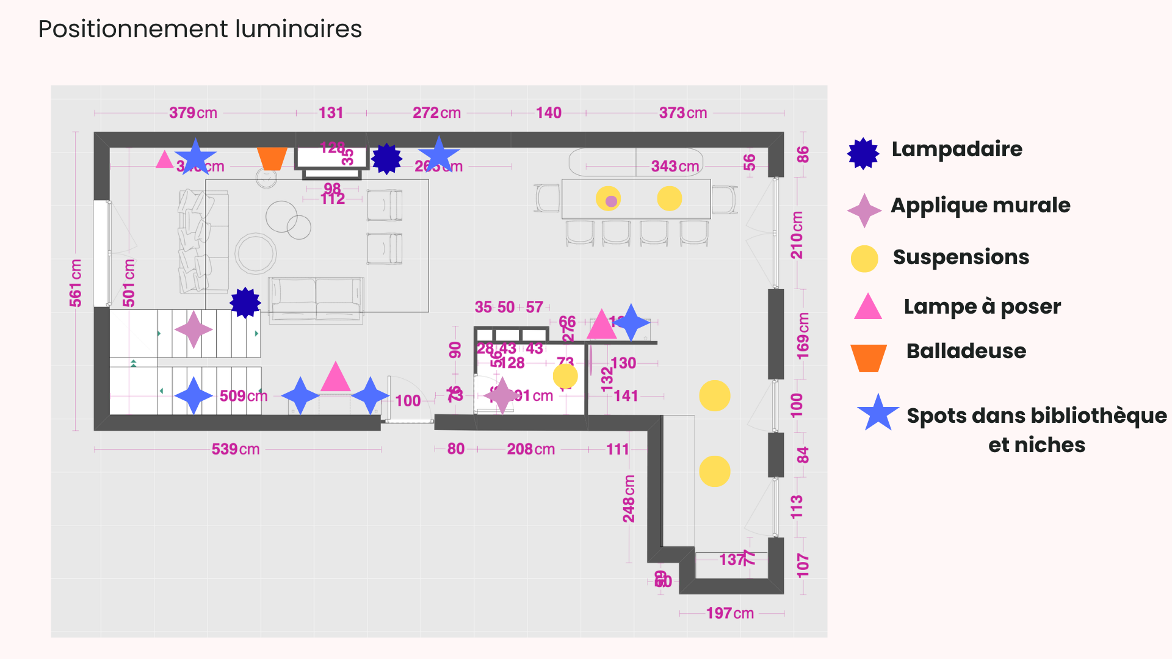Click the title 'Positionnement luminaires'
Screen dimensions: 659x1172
coord(200,29)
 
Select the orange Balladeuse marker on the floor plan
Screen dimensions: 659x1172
coord(272,158)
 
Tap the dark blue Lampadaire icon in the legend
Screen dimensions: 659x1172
coord(863,153)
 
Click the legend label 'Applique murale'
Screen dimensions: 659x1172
coord(980,206)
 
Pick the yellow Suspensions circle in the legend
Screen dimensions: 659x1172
coord(864,259)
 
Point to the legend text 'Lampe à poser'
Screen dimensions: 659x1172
coord(982,306)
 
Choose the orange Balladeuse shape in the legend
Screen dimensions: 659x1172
coord(868,358)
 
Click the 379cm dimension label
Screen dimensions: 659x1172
coord(193,113)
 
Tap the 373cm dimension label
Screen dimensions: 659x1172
coord(682,113)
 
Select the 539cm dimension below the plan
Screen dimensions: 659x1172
coord(236,449)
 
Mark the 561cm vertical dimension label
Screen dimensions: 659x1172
coord(75,283)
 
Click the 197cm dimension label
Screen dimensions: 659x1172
coord(730,613)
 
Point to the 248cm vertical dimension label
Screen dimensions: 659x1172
coord(629,499)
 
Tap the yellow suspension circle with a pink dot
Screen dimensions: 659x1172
coord(609,199)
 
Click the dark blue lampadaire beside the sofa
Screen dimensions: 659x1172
coord(245,303)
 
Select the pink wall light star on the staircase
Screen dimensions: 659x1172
coord(194,329)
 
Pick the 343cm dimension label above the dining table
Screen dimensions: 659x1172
coord(675,166)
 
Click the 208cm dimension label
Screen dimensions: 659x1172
coord(530,449)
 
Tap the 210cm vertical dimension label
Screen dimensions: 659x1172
coord(797,235)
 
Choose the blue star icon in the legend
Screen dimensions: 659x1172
coord(878,413)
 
